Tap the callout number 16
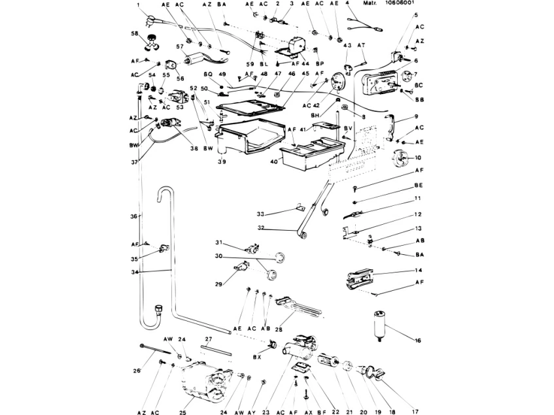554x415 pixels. (x=417, y=340)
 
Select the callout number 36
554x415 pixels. (x=135, y=216)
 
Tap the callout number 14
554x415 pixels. (x=417, y=270)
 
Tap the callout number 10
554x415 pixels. (x=417, y=158)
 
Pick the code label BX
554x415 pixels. (x=258, y=357)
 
